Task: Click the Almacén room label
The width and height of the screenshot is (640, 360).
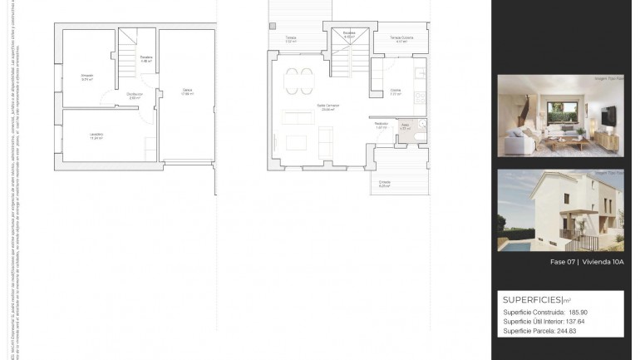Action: pyautogui.click(x=86, y=76)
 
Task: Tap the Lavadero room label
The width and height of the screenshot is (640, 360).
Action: pyautogui.click(x=96, y=136)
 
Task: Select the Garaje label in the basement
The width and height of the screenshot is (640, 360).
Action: pyautogui.click(x=188, y=91)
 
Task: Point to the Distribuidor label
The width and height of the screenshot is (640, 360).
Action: pyautogui.click(x=135, y=96)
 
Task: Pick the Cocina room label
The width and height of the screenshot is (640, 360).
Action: pyautogui.click(x=396, y=92)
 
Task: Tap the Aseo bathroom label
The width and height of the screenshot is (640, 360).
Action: pyautogui.click(x=405, y=126)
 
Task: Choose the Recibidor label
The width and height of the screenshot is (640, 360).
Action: pyautogui.click(x=382, y=126)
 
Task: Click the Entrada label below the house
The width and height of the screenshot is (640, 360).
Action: pyautogui.click(x=385, y=183)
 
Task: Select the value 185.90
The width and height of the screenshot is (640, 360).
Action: pyautogui.click(x=578, y=313)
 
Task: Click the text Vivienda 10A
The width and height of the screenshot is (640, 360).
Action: pyautogui.click(x=603, y=262)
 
